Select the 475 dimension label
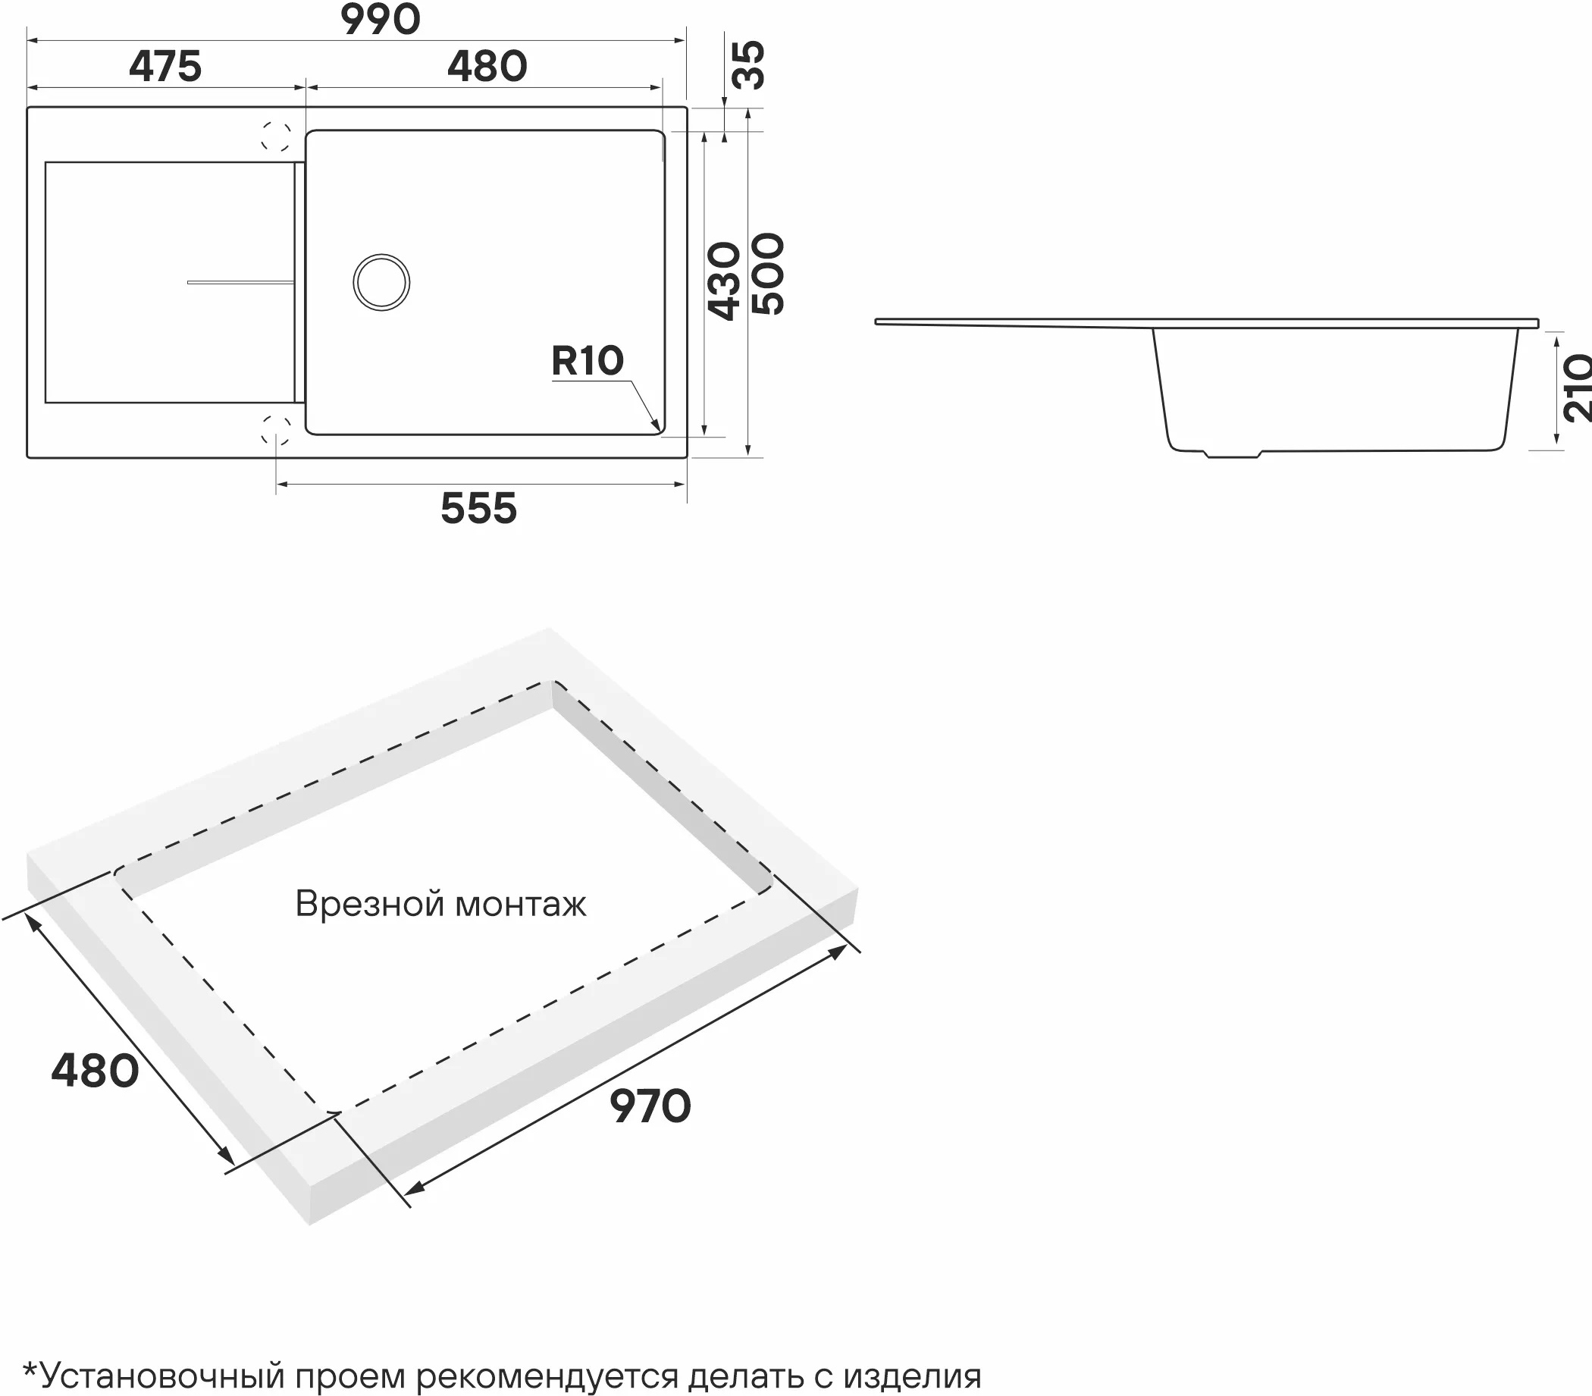(165, 66)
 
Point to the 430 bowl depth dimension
(723, 281)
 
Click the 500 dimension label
(768, 274)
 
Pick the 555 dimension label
(478, 509)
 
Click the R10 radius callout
(588, 361)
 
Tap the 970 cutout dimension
(650, 1106)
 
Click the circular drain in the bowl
(381, 282)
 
